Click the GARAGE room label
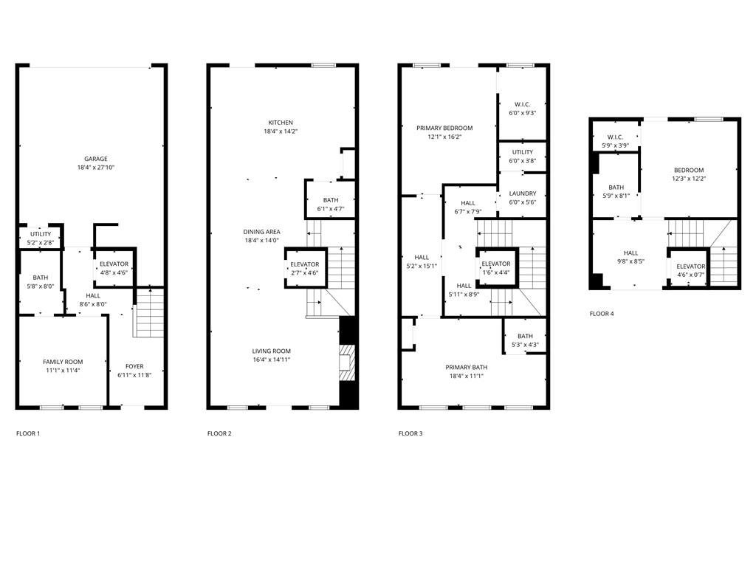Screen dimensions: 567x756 pyautogui.click(x=95, y=159)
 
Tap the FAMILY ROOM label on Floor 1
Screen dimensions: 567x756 pyautogui.click(x=63, y=362)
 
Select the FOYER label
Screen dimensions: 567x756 pyautogui.click(x=134, y=366)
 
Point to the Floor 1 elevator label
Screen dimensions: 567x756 pyautogui.click(x=114, y=264)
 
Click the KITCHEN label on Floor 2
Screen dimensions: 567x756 pyautogui.click(x=281, y=123)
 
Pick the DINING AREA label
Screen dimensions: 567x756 pyautogui.click(x=261, y=232)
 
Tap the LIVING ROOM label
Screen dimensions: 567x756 pyautogui.click(x=271, y=351)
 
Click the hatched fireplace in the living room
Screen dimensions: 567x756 pyautogui.click(x=347, y=362)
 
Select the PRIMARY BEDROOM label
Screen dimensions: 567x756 pyautogui.click(x=444, y=128)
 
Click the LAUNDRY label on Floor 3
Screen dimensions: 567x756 pyautogui.click(x=522, y=193)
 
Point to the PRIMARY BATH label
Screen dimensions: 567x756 pyautogui.click(x=466, y=367)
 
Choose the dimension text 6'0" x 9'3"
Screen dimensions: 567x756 pyautogui.click(x=522, y=113)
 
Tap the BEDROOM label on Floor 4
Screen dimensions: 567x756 pyautogui.click(x=688, y=170)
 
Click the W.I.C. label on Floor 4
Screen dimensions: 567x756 pyautogui.click(x=615, y=137)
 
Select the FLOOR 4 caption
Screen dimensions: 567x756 pyautogui.click(x=601, y=314)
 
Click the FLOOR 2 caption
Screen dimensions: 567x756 pyautogui.click(x=219, y=433)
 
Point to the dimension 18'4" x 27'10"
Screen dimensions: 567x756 pyautogui.click(x=95, y=168)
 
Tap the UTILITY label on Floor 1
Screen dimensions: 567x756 pyautogui.click(x=40, y=234)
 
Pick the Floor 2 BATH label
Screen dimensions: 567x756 pyautogui.click(x=331, y=200)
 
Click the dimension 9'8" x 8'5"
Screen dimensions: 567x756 pyautogui.click(x=630, y=261)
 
